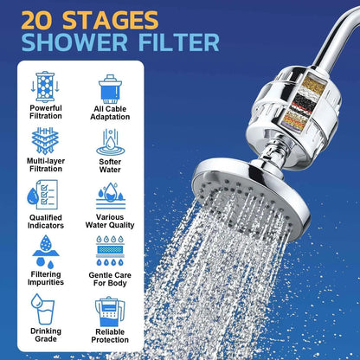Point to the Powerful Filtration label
coord(46,112)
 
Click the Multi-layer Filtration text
coord(46,165)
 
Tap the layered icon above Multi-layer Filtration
coord(46,139)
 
